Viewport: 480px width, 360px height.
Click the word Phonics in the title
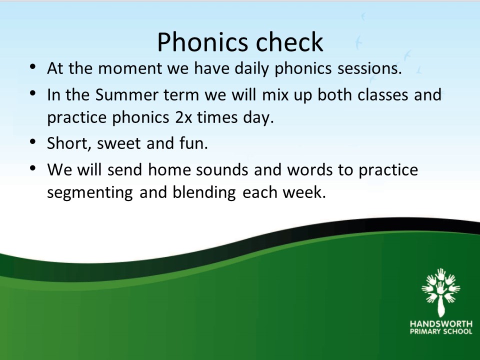click(x=202, y=41)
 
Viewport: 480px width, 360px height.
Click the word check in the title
click(x=289, y=41)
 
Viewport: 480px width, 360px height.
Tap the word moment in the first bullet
click(x=130, y=68)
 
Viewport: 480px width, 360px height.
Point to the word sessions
click(x=370, y=68)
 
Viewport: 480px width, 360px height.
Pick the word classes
click(x=383, y=95)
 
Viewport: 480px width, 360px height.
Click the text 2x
click(x=183, y=117)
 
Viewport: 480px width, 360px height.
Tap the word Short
click(x=69, y=143)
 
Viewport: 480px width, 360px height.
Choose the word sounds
click(x=222, y=169)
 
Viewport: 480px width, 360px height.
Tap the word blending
click(x=204, y=192)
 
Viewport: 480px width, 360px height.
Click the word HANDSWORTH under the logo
click(x=441, y=324)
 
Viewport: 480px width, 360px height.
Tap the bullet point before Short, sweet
click(x=33, y=141)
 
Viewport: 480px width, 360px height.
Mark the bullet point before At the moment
click(x=33, y=66)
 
